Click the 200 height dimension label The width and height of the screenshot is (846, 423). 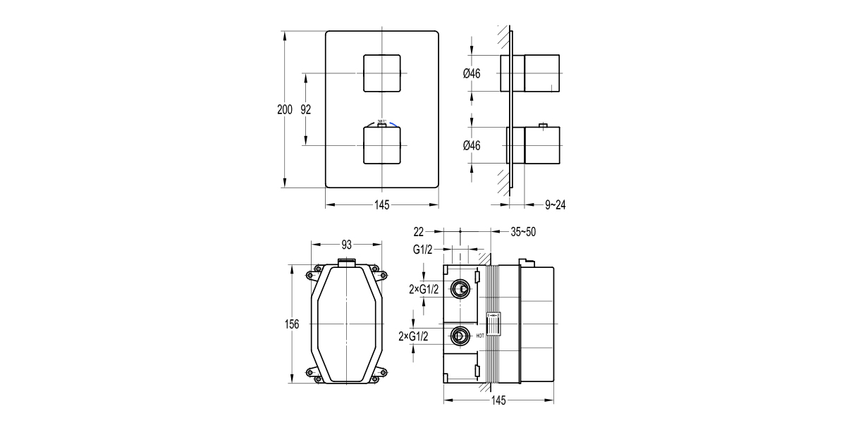(284, 109)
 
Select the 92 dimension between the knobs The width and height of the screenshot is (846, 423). (306, 109)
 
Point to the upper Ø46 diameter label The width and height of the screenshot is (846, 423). (471, 74)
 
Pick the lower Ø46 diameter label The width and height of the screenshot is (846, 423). (471, 145)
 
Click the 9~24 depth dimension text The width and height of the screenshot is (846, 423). (556, 205)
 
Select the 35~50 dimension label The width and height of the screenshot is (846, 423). (522, 231)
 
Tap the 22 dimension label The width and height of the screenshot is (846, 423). (419, 231)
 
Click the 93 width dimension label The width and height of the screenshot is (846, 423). (347, 245)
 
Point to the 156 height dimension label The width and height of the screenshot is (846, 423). (292, 324)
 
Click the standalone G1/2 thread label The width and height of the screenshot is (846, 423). (423, 249)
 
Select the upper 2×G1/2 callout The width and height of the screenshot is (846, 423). (424, 288)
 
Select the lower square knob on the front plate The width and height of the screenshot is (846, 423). (381, 145)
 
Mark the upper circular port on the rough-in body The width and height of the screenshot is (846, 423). (460, 288)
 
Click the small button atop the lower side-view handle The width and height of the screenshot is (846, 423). (542, 126)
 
